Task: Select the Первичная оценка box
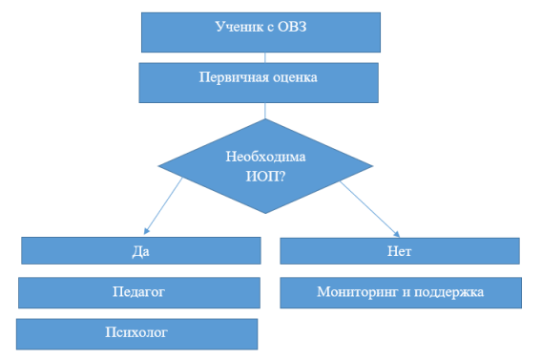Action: (x=259, y=82)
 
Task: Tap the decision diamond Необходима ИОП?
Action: (x=266, y=164)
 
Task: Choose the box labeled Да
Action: (x=141, y=251)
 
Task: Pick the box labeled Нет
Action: (x=400, y=251)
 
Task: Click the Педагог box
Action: (x=139, y=291)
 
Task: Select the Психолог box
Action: (x=137, y=333)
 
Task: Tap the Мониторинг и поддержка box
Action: (x=401, y=292)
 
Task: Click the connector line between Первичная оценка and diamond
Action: (x=266, y=110)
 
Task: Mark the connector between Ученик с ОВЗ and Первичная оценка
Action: (x=266, y=57)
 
